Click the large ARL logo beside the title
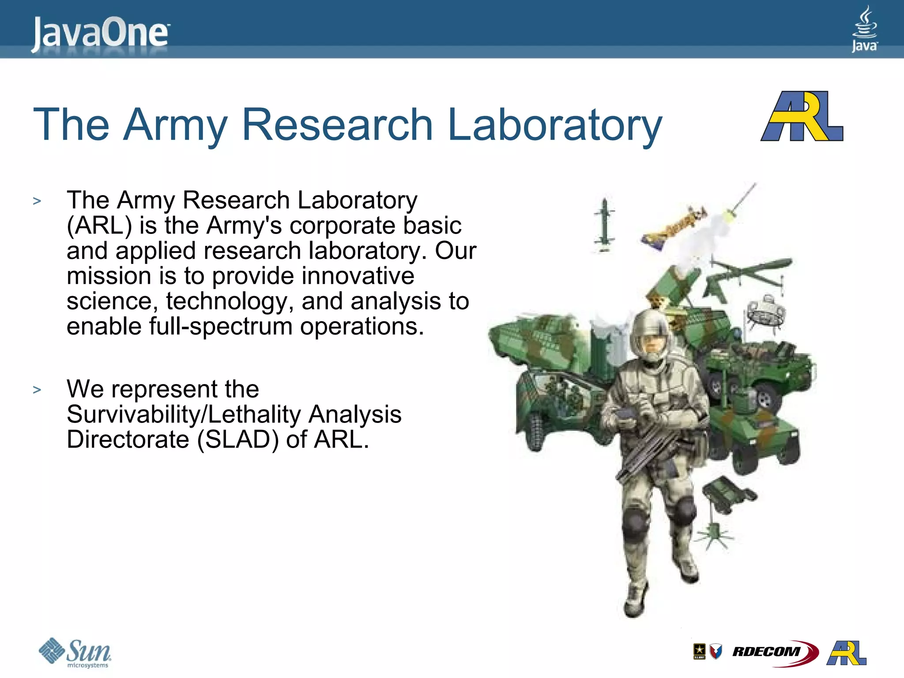coord(802,117)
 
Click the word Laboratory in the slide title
coord(554,125)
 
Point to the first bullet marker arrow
coord(37,201)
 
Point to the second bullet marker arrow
coord(37,390)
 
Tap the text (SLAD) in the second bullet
coord(238,440)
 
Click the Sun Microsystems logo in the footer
coord(75,652)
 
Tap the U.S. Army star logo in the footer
coord(699,652)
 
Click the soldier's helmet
coord(651,329)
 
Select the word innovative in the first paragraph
coord(358,276)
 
